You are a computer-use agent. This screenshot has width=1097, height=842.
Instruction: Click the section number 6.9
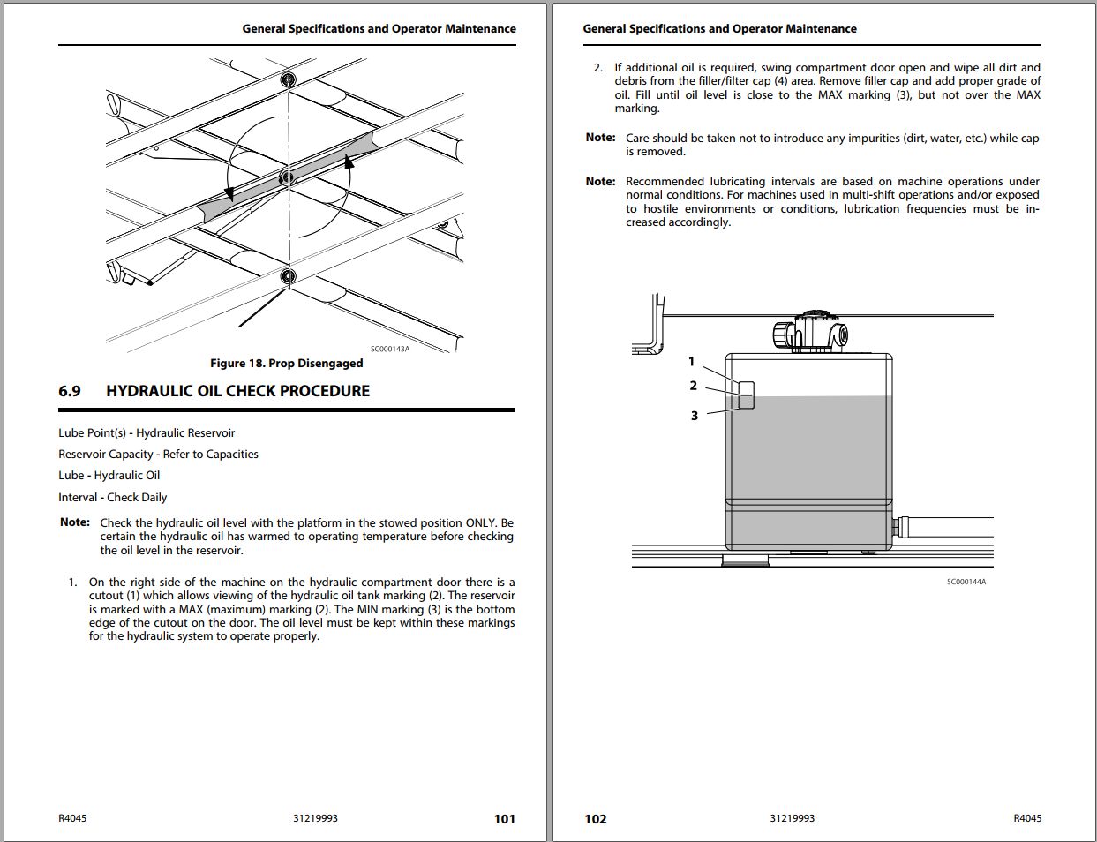pos(70,391)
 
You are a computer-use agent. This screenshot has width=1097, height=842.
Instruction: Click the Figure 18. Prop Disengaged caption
pos(286,363)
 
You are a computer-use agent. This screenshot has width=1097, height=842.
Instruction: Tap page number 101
pos(504,818)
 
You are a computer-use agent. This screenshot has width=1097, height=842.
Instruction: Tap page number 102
pos(596,818)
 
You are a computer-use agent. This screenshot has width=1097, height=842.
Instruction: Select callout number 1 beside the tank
pos(692,361)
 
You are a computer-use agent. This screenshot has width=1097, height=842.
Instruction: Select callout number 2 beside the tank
pos(694,386)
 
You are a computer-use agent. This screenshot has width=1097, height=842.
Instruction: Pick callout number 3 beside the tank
pos(695,415)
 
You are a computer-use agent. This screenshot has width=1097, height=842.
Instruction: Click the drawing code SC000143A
pos(389,349)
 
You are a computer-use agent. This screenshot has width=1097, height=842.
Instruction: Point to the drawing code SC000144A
pos(966,582)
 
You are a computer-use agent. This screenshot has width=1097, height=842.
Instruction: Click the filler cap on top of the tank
pos(812,331)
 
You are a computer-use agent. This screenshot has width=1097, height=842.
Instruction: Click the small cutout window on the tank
pos(747,395)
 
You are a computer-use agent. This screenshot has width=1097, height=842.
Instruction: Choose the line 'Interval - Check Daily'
pos(112,497)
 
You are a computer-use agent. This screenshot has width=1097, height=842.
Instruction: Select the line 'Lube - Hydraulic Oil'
pos(109,475)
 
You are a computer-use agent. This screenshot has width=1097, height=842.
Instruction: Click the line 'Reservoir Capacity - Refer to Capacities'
pos(158,454)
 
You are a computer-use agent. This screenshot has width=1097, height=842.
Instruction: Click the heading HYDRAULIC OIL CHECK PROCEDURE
pos(237,391)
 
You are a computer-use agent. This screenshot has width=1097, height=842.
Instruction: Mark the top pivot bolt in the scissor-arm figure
pos(288,81)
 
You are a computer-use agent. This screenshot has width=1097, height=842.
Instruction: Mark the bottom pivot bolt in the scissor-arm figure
pos(288,276)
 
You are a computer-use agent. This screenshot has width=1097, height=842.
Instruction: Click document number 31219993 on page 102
pos(792,818)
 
